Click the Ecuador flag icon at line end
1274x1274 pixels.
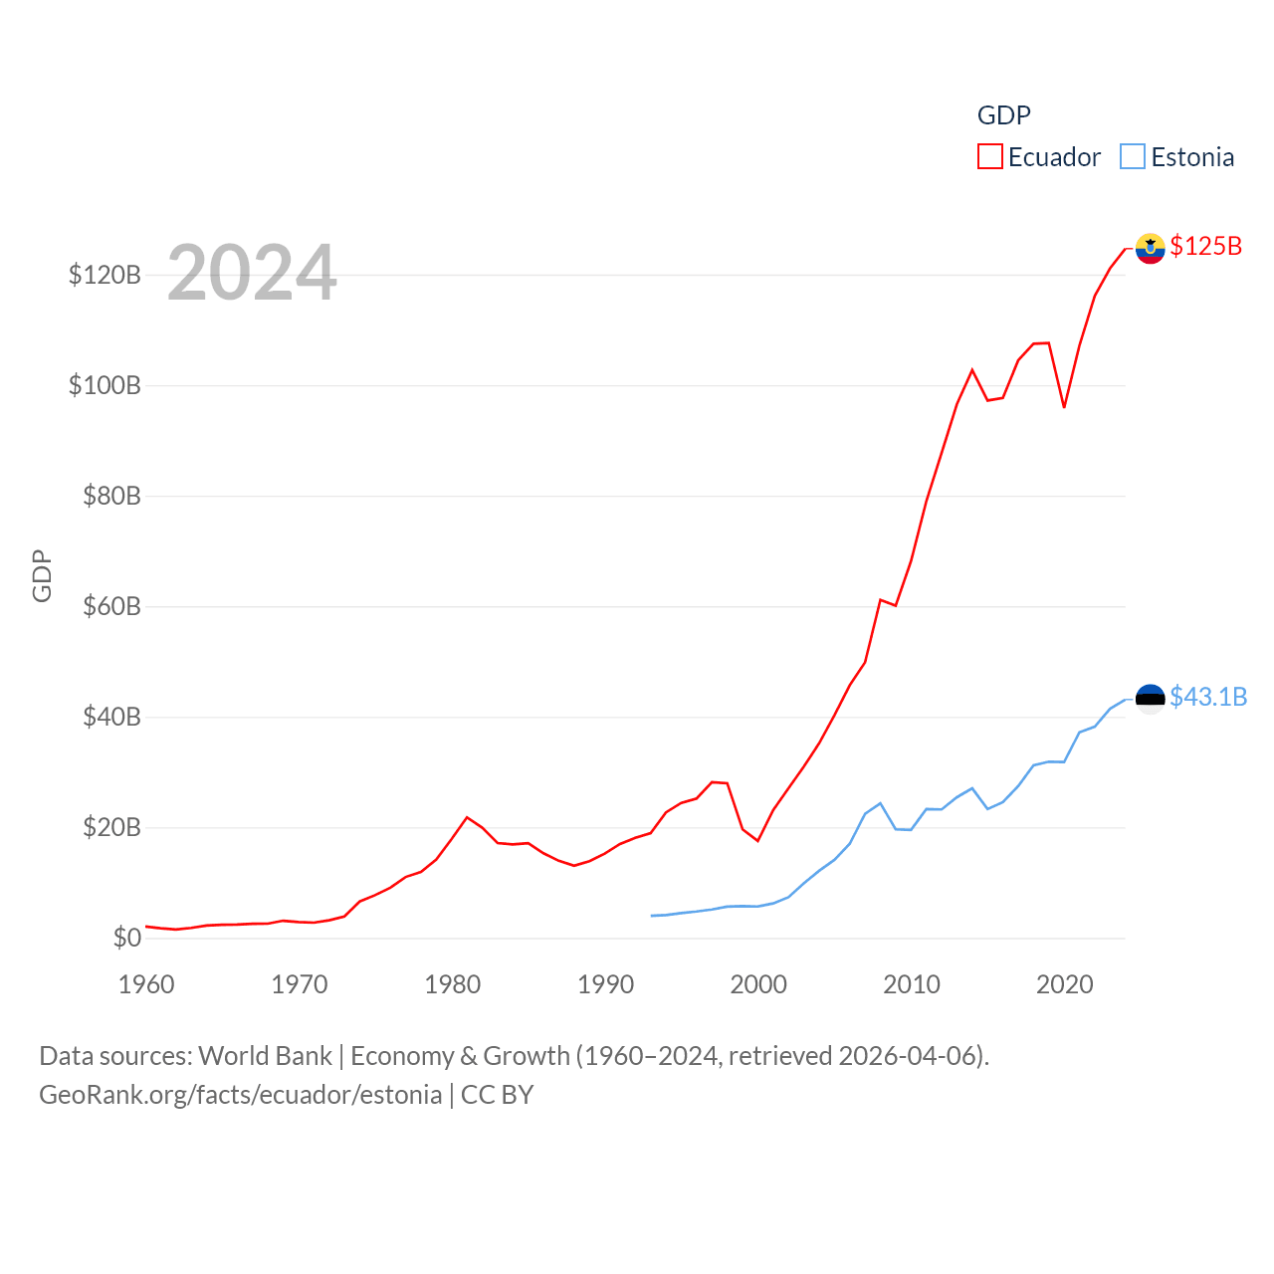coord(1150,248)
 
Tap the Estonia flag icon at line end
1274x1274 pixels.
coord(1150,699)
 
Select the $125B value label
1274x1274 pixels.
coord(1206,246)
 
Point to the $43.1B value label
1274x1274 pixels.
coord(1208,697)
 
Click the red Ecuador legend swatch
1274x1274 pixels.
coord(989,157)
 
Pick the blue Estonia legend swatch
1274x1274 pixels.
coord(1133,157)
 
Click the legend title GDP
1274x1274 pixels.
coord(1003,115)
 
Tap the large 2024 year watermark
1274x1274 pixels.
coord(252,273)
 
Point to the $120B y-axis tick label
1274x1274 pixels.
coord(105,275)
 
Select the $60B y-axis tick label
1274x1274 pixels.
coord(111,606)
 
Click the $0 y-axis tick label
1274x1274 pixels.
coord(126,938)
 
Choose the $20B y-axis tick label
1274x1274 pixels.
coord(111,827)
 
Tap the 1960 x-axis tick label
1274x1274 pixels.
coord(146,984)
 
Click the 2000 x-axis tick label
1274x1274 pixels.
coord(758,984)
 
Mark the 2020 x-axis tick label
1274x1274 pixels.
coord(1064,984)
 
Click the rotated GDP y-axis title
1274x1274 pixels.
coord(42,575)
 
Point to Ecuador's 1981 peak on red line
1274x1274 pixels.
coord(467,817)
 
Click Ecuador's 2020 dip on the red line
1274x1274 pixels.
coord(1064,407)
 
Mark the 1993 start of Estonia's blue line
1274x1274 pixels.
coord(652,916)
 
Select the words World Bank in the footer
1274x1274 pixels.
coord(265,1056)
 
